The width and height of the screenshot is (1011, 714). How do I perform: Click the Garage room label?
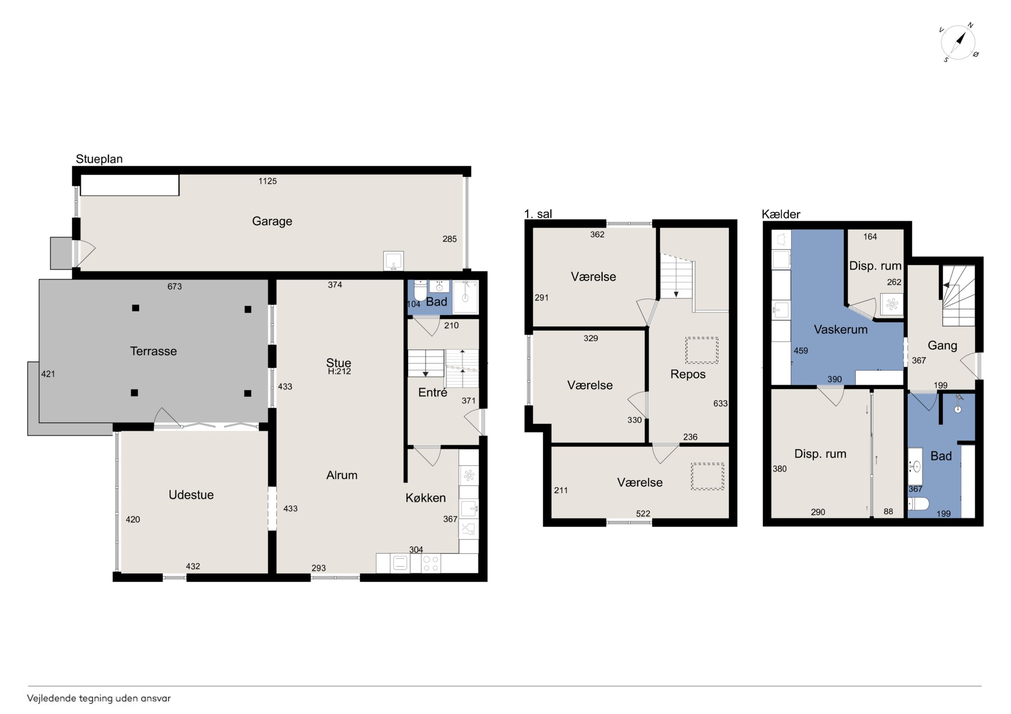272,221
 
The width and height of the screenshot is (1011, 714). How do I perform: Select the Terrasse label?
153,351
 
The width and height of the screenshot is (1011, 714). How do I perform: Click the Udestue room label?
191,495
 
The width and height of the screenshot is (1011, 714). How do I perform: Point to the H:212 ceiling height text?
339,371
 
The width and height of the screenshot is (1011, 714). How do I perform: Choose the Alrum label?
342,475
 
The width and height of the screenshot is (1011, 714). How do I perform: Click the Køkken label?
425,498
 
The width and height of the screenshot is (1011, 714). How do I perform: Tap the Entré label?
432,392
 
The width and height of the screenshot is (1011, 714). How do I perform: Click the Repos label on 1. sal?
688,374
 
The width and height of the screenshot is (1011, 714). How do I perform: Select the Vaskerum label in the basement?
841,329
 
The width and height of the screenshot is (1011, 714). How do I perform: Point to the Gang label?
942,346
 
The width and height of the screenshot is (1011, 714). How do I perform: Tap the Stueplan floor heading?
99,159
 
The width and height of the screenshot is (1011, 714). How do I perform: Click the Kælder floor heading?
781,214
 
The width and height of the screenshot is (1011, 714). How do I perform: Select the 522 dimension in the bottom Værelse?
643,514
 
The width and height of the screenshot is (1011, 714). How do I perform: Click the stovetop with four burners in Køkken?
430,564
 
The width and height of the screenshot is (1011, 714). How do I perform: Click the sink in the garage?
393,261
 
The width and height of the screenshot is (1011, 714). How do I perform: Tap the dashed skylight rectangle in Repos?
701,350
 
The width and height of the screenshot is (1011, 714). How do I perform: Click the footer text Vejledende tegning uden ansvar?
99,698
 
